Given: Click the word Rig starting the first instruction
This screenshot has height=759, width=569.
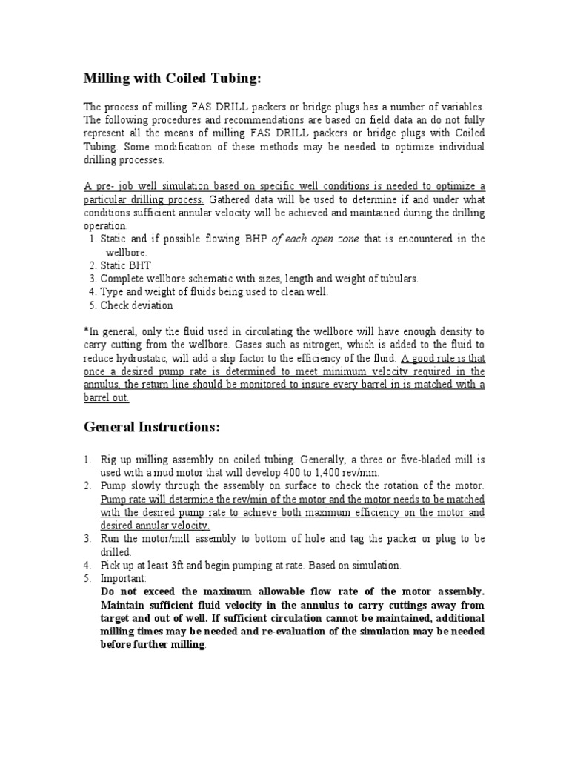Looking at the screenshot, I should click(109, 459).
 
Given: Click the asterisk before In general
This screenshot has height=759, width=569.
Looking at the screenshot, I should click(86, 331).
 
